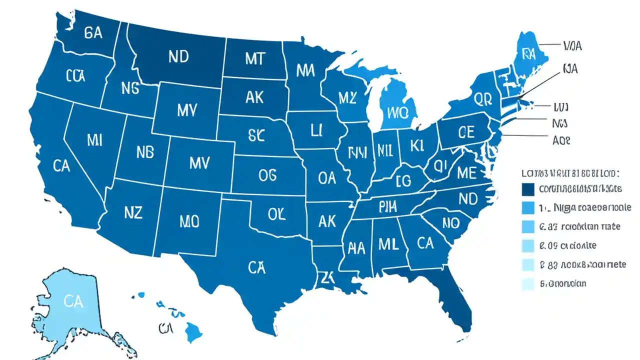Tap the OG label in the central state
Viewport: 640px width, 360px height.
point(271,174)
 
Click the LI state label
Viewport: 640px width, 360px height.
point(315,131)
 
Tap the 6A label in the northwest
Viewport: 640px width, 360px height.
point(93,33)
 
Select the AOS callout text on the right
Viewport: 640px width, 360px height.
point(561,141)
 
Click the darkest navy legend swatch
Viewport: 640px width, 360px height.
point(528,189)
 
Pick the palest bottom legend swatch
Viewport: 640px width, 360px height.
point(528,284)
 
